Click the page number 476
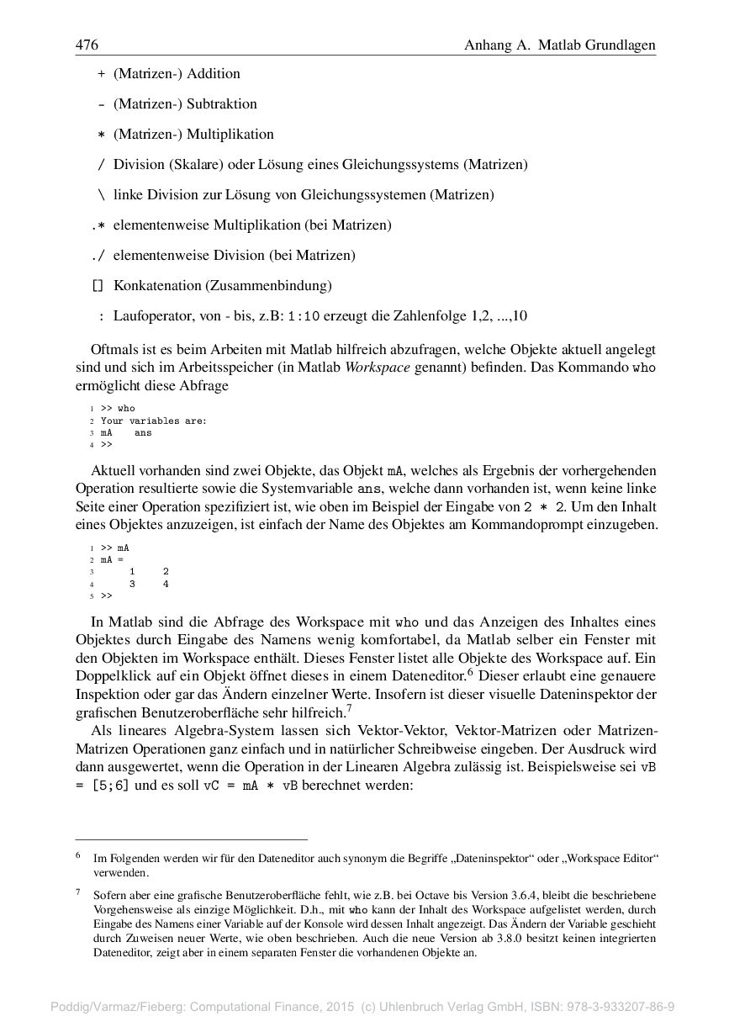click(87, 45)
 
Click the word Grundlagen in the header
click(618, 45)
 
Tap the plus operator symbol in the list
click(101, 74)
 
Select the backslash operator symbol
click(101, 195)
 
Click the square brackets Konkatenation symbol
click(98, 286)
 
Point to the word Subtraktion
click(222, 104)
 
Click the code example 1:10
click(304, 317)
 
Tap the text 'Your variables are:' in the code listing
click(153, 421)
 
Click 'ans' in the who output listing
click(143, 432)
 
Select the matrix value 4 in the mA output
click(166, 584)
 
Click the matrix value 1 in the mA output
click(132, 572)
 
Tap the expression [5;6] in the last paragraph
click(113, 786)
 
